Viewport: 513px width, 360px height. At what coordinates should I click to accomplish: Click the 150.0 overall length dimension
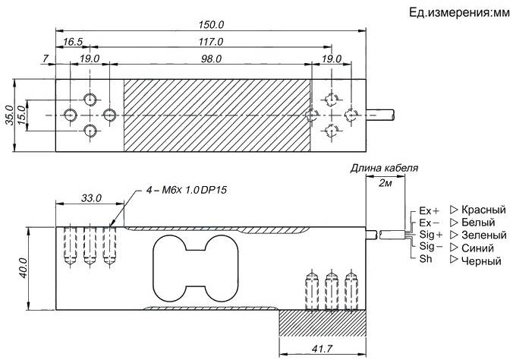(x=211, y=24)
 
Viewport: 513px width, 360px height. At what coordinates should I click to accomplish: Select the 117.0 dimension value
(x=211, y=42)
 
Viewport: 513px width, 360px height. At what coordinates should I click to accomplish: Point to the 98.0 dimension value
(x=211, y=59)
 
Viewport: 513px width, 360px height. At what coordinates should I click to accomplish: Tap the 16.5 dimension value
(x=73, y=42)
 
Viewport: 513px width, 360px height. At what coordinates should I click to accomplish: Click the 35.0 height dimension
(x=10, y=115)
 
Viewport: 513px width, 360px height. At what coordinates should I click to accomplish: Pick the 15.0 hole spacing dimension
(x=21, y=115)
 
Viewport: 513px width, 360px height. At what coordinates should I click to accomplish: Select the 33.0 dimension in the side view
(x=91, y=198)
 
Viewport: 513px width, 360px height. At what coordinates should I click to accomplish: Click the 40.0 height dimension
(x=24, y=268)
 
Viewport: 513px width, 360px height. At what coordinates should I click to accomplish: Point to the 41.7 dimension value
(x=322, y=349)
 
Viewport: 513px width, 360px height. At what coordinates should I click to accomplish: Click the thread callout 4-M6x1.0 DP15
(x=187, y=190)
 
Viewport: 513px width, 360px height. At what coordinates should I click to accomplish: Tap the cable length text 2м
(x=385, y=183)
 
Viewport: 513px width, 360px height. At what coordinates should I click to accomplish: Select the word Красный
(x=483, y=210)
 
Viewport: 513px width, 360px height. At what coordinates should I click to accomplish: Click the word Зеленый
(x=484, y=235)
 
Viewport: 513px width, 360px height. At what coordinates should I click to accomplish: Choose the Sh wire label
(x=426, y=259)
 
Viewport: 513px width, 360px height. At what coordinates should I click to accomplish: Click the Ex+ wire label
(x=430, y=210)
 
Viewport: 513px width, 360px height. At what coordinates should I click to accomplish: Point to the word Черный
(x=481, y=261)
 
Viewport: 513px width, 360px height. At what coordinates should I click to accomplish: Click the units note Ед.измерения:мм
(x=459, y=13)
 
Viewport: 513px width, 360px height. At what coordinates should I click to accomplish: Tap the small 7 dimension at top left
(x=46, y=58)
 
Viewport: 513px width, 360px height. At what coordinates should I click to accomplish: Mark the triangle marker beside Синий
(x=454, y=248)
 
